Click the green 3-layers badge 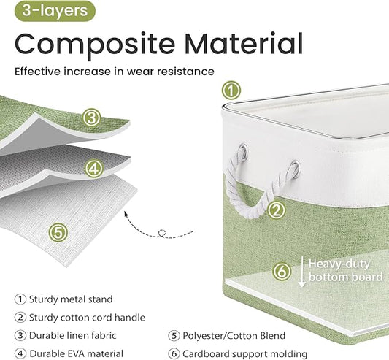[55, 11]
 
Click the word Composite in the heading [95, 44]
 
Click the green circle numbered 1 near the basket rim [231, 91]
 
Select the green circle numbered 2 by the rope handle [277, 210]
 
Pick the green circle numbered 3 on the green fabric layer [92, 118]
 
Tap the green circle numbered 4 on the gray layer [93, 169]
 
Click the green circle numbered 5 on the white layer [58, 233]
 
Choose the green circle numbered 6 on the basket [282, 272]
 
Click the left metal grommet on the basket [242, 151]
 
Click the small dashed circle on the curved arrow [162, 233]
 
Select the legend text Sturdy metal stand [71, 299]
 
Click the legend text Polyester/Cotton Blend [234, 336]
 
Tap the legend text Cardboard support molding [245, 353]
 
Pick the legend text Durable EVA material [76, 353]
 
